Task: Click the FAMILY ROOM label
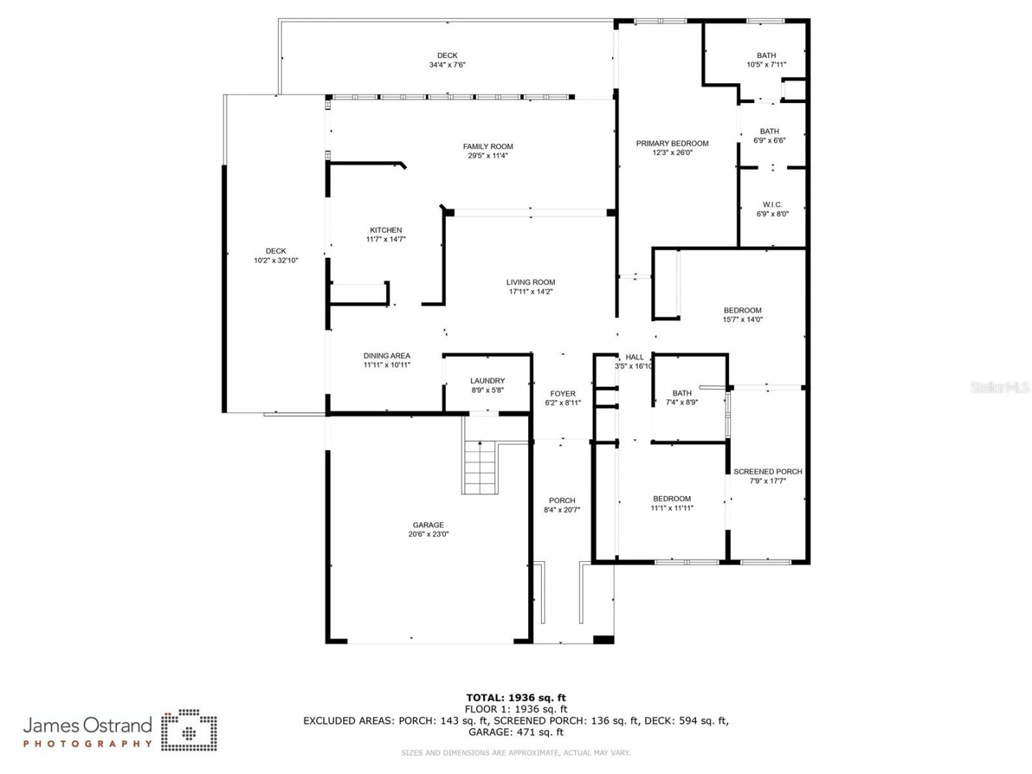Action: click(487, 147)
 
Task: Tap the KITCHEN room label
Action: click(386, 230)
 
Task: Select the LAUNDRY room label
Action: click(487, 381)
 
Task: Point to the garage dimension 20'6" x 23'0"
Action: click(428, 534)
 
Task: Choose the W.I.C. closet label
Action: click(772, 205)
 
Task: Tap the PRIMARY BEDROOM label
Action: click(672, 143)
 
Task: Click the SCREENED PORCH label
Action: click(768, 472)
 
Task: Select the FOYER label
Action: click(563, 394)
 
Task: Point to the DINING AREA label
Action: click(386, 355)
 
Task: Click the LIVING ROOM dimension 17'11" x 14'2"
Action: click(530, 292)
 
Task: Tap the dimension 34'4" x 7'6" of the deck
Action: click(446, 64)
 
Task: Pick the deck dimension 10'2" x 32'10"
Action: click(275, 260)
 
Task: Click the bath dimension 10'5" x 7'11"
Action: click(766, 64)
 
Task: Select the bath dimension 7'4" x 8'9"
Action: click(682, 402)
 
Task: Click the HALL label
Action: click(634, 357)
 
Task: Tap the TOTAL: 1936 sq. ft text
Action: click(516, 697)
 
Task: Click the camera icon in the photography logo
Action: click(189, 730)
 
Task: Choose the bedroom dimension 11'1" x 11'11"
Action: click(672, 507)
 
